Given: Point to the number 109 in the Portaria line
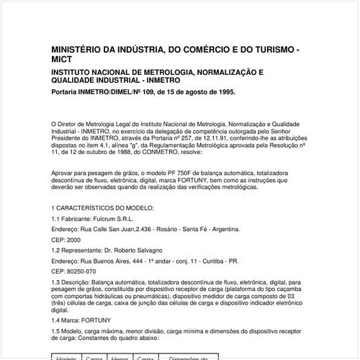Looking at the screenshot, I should pyautogui.click(x=151, y=92).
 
